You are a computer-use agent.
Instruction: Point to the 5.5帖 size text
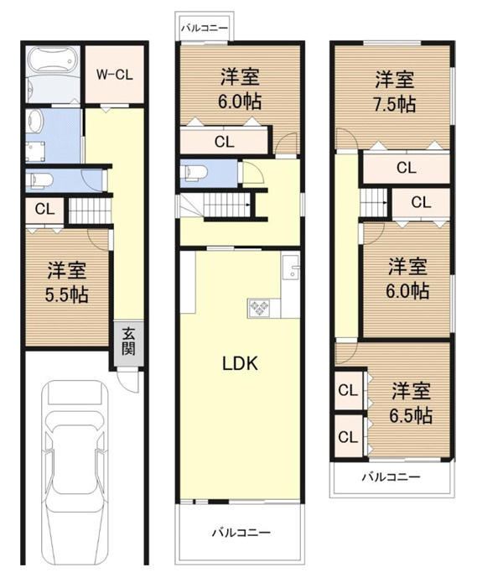tap(67, 295)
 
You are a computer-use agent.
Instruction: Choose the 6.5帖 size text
tap(412, 415)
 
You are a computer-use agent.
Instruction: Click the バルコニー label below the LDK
tap(241, 533)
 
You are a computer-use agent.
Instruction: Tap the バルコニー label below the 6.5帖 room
tap(391, 477)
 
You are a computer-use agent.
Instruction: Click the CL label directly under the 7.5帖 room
tap(406, 168)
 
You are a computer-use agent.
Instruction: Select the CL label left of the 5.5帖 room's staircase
tap(39, 209)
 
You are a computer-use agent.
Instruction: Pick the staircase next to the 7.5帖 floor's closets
tap(374, 202)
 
